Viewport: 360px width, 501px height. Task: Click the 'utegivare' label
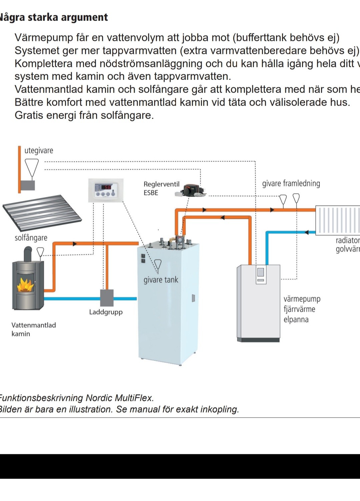pos(39,150)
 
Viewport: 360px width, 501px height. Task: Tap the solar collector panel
pos(42,213)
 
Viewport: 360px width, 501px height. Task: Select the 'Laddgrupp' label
pos(106,312)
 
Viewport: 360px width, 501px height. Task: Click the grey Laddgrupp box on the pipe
pos(107,298)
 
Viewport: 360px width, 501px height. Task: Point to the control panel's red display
pos(106,187)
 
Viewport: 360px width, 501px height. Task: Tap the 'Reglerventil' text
pos(161,184)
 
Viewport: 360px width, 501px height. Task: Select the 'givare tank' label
pos(161,280)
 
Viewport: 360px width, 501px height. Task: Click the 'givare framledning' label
pos(291,183)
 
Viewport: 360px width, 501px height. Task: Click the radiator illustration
pos(337,220)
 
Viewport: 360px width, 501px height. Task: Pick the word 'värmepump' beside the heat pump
pos(302,299)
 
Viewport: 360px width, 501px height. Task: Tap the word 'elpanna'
pos(296,320)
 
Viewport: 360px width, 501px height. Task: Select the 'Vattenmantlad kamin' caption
pos(33,329)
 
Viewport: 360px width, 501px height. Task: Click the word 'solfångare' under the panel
pos(31,238)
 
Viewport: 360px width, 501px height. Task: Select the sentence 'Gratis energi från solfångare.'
pos(84,115)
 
